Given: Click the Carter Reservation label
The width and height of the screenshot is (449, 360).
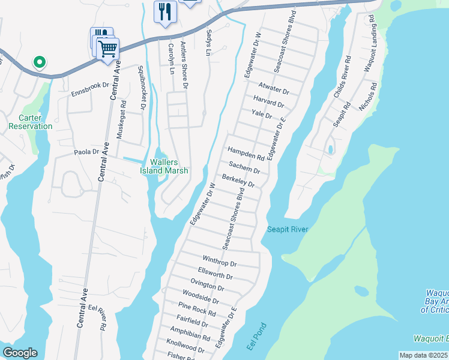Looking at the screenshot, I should pos(31,122).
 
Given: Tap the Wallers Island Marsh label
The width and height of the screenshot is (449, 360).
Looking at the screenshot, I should pos(164,166).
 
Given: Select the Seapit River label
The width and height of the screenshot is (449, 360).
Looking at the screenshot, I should pos(288,229).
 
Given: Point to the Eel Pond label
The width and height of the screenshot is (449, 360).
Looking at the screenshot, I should pos(256,337).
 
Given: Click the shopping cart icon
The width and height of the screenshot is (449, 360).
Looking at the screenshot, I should pos(107,49).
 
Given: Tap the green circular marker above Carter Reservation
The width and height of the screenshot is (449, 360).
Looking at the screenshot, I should pos(40,62).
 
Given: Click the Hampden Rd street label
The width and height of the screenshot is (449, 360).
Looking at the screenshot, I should pos(246,154).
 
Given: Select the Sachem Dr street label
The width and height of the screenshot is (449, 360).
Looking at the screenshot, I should pos(244,168).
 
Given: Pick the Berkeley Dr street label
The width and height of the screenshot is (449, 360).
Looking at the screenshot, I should pos(238,181).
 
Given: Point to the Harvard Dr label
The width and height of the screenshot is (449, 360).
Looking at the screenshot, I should pos(268,101).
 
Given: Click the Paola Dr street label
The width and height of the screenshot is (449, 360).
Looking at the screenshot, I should pos(86,152).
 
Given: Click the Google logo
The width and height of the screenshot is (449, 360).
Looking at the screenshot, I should pos(20,353).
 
